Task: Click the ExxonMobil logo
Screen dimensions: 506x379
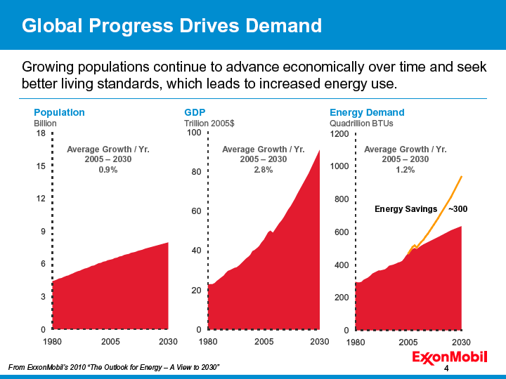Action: tap(450, 358)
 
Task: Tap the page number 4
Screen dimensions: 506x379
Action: tap(446, 368)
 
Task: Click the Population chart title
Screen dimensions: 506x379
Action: tap(59, 112)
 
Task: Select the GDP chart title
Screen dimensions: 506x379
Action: tap(195, 112)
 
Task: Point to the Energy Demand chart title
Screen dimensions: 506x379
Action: tap(367, 112)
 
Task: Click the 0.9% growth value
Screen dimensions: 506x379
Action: tap(108, 170)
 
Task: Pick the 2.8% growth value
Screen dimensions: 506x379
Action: tap(264, 170)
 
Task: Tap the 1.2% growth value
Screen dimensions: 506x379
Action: tap(406, 170)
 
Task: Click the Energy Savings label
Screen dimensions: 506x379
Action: tap(406, 209)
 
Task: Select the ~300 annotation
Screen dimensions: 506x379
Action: tap(458, 209)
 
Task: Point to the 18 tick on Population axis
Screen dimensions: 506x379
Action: tap(41, 133)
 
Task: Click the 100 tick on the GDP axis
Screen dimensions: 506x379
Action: tap(194, 133)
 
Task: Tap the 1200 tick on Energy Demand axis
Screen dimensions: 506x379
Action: tap(339, 134)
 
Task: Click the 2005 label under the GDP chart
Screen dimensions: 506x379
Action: tap(264, 342)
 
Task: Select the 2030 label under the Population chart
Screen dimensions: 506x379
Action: tap(168, 342)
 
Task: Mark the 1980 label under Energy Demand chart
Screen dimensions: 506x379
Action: tap(356, 343)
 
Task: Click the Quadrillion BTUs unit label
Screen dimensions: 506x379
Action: tap(361, 124)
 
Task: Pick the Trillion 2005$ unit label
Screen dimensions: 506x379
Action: tap(209, 124)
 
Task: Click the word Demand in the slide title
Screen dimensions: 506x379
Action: tap(284, 25)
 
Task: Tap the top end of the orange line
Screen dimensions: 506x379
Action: tap(462, 177)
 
